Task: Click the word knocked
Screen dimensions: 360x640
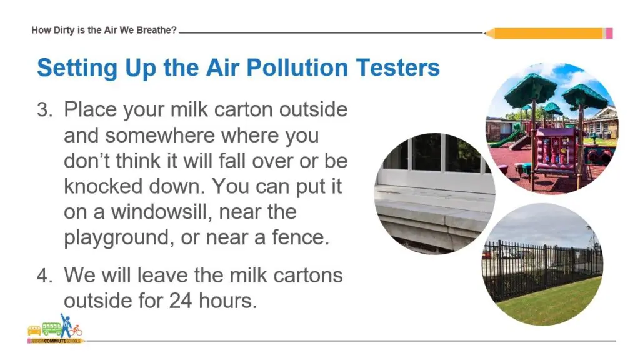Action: click(106, 186)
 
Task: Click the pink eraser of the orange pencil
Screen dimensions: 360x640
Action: click(609, 33)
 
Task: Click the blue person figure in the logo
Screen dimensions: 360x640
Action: click(65, 324)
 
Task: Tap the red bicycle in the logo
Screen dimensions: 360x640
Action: click(76, 329)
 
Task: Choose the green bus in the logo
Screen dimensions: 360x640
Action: click(51, 329)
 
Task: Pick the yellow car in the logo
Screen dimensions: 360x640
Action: click(34, 331)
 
